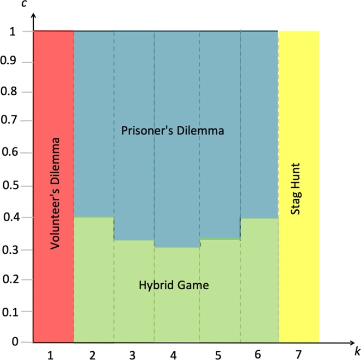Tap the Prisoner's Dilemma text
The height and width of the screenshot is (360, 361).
pos(173,131)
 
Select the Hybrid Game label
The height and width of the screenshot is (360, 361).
pos(174,285)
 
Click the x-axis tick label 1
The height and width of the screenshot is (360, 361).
pos(51,356)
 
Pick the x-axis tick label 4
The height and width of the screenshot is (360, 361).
pos(173,356)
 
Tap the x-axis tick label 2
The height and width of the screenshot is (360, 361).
pos(92,356)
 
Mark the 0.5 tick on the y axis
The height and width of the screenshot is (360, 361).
pos(15,186)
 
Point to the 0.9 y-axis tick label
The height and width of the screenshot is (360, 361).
pos(15,63)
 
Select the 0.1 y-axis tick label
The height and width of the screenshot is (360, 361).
pos(15,312)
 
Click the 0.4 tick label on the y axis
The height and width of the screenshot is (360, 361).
pos(15,217)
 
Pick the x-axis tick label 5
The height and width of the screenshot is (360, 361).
pos(218,356)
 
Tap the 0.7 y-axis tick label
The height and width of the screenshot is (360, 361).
pos(15,123)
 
